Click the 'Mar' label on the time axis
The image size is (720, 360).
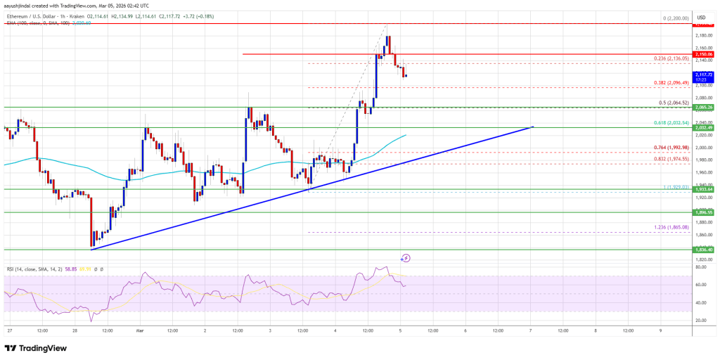tap(139, 329)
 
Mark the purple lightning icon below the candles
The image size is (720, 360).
tap(406, 258)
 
